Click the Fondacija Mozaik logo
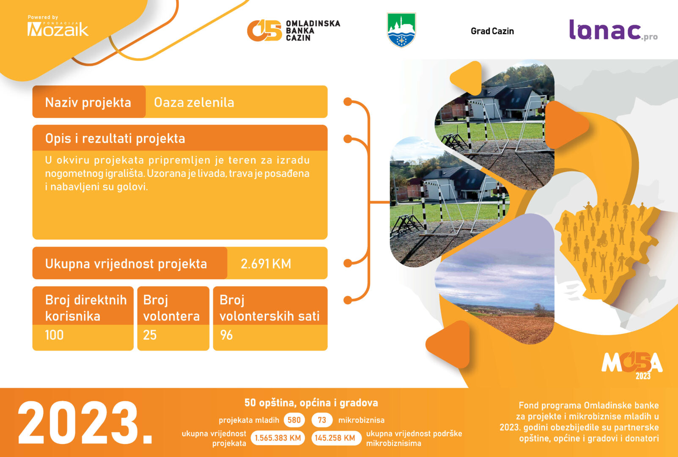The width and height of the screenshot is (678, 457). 58,26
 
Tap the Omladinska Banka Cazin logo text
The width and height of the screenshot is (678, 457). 313,30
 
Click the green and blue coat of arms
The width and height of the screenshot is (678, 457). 401,30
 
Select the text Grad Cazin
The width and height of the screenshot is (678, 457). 492,31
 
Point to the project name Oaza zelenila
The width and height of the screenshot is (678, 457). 194,102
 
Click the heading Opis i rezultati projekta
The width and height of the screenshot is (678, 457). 115,138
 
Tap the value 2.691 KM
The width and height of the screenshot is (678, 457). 266,264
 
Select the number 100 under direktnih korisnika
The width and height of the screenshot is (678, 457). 54,335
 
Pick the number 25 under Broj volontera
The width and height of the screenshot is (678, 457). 150,335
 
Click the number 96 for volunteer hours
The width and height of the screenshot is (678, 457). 226,335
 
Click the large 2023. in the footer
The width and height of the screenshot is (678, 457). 85,423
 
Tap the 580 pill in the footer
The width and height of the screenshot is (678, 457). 294,420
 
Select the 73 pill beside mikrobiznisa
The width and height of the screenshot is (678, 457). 322,420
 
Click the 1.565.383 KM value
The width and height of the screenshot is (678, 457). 277,438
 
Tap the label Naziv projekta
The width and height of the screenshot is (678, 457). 88,102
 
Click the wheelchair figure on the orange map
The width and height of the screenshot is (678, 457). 603,239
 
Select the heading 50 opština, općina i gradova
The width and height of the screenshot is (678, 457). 311,403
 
